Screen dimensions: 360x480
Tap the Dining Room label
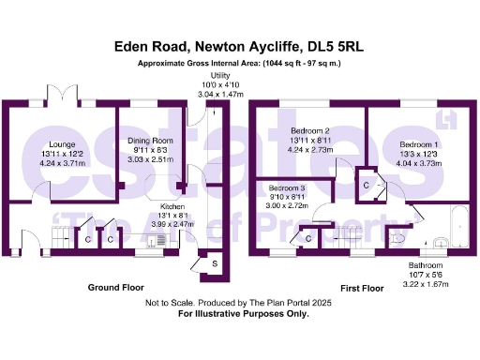pos(149,142)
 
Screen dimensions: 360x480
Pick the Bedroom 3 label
pos(288,187)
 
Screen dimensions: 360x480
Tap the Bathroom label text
pos(425,265)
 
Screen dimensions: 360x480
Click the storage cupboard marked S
pos(215,264)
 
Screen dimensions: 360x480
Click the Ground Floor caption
pos(117,286)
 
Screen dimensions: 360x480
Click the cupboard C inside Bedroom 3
pos(308,239)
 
